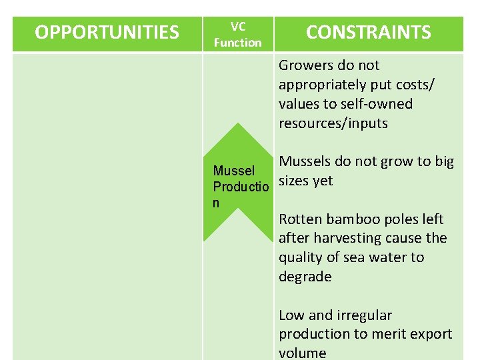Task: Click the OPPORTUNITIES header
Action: coord(107,33)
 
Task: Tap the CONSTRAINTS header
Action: coord(368,33)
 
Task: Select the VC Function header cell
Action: coord(237,35)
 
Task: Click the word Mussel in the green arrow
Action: coord(233,171)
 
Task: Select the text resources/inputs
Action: coord(333,123)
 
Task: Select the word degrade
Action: coord(305,277)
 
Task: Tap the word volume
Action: coord(302,353)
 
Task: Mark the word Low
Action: coord(291,315)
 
